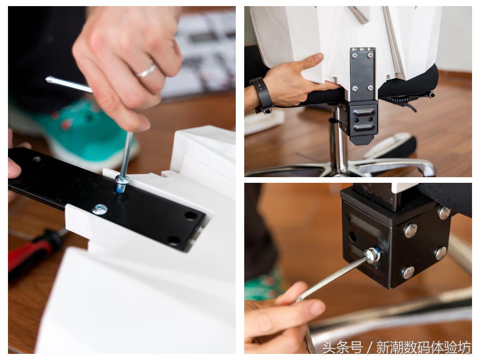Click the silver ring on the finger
coord(146,71)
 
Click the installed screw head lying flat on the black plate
coord(100,210)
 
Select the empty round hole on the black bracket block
coord(352,236)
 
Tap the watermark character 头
coord(330,348)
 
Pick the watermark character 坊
coord(464,348)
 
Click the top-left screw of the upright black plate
coord(354,56)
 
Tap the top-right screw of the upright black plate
coord(370,55)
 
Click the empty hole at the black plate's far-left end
coord(37,159)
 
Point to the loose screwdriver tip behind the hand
coord(49,80)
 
